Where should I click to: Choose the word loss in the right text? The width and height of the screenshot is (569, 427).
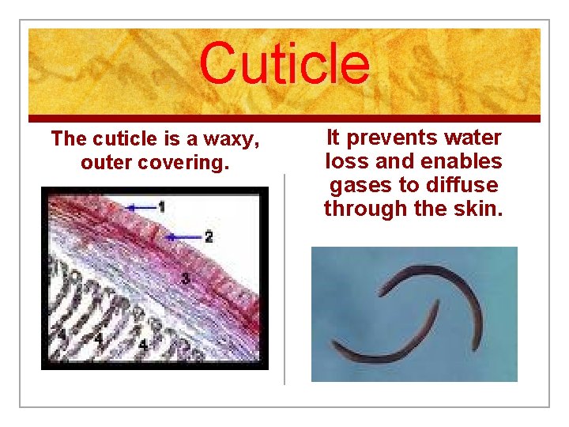pos(346,162)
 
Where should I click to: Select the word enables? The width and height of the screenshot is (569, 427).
pos(462,162)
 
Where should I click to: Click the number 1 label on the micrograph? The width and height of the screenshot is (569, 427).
pos(162,207)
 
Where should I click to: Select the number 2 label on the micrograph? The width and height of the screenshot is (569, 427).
pos(208,236)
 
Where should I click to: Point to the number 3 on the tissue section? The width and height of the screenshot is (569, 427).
pos(184,278)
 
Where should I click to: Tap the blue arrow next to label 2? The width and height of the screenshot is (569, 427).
pos(184,236)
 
